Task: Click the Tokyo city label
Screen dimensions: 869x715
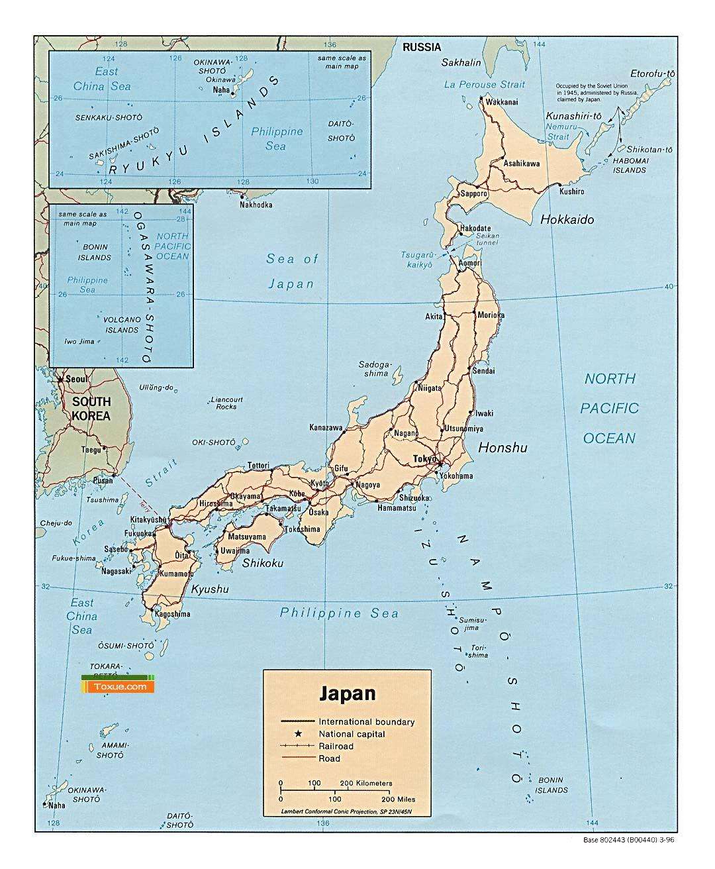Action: (x=424, y=458)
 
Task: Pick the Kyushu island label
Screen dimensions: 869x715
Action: (x=210, y=589)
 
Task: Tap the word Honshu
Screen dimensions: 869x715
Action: (x=502, y=448)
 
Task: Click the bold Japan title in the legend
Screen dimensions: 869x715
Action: (x=348, y=693)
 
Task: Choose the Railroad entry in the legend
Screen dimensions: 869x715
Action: (x=336, y=746)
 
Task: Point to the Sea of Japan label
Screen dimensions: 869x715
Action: (x=291, y=272)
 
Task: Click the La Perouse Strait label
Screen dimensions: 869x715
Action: (x=484, y=84)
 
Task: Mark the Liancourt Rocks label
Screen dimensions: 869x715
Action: (x=226, y=403)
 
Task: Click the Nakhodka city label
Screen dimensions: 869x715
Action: (x=256, y=205)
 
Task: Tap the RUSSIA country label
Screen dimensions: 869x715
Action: (x=422, y=47)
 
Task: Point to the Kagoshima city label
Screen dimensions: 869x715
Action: (x=172, y=614)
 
